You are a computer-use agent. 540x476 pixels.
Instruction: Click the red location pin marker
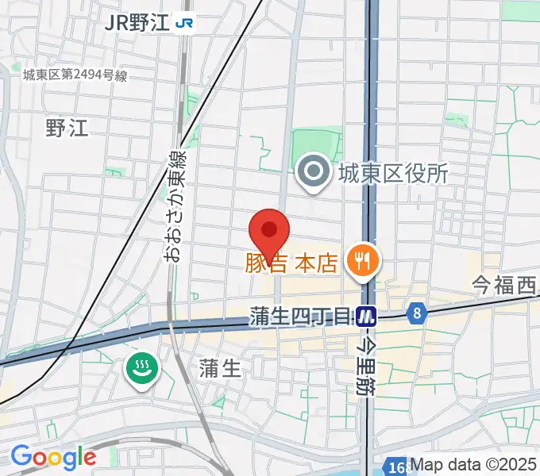point(270,232)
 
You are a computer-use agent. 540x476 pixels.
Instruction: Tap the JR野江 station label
point(137,22)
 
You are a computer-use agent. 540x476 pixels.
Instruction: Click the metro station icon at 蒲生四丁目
point(366,317)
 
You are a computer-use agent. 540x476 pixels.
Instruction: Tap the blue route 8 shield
point(415,313)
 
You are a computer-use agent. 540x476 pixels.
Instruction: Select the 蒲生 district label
point(220,367)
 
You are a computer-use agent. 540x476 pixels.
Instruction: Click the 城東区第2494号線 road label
point(75,76)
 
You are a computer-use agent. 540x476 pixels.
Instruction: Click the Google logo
point(52,457)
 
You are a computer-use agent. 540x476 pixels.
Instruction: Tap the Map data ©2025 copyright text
point(474,465)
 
